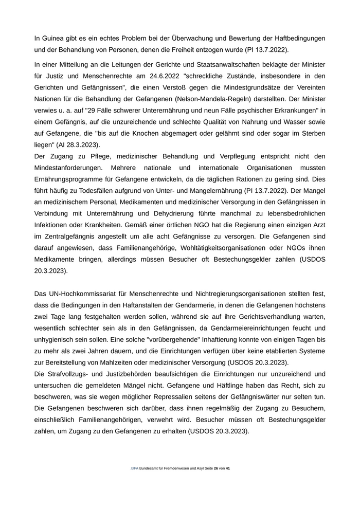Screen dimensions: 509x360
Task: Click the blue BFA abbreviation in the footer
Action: (x=135, y=469)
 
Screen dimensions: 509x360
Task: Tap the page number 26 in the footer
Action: (x=216, y=469)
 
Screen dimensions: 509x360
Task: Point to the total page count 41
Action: (x=228, y=469)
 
